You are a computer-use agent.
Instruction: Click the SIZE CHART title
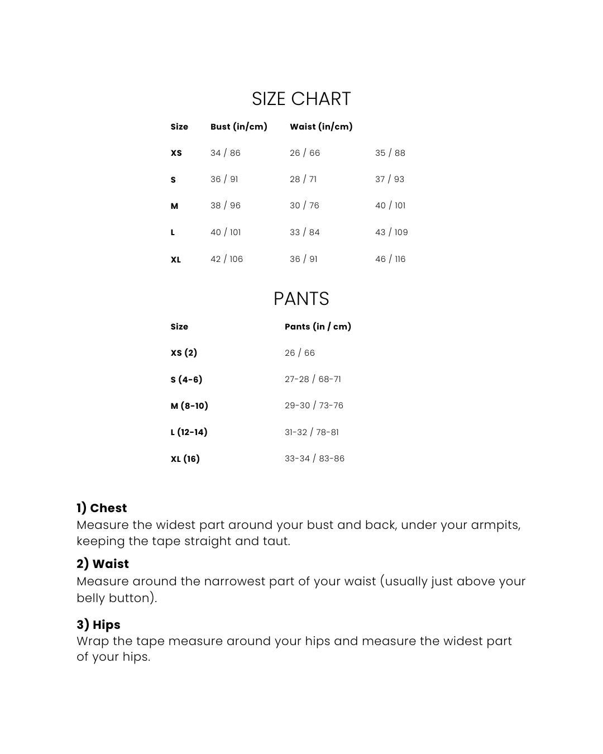[301, 99]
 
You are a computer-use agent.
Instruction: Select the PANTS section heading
[301, 299]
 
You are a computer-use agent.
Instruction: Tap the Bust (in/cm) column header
[238, 127]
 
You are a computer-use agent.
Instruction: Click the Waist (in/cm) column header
[321, 127]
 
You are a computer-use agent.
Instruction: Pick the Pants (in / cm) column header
[318, 327]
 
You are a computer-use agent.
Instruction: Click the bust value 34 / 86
[225, 153]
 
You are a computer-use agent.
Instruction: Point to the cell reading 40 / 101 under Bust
[225, 232]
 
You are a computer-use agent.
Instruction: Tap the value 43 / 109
[391, 232]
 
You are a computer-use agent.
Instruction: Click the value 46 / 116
[390, 259]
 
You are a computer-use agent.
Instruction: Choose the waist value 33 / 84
[304, 232]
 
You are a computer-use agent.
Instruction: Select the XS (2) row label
[184, 353]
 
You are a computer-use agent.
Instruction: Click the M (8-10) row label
[189, 406]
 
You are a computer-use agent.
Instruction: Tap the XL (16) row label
[185, 459]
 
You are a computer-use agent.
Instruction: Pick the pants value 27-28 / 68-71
[313, 379]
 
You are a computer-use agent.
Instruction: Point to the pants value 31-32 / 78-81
[312, 432]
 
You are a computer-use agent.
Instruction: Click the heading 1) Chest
[102, 508]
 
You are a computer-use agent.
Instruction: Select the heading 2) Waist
[103, 564]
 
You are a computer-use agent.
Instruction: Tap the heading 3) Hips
[98, 625]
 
